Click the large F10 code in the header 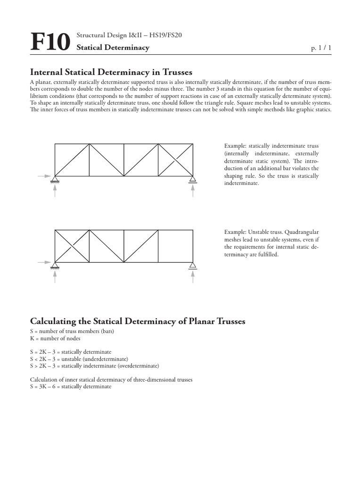point(50,42)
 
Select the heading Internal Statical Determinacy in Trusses point(111,72)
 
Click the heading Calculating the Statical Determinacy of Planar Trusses point(138,322)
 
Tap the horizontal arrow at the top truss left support point(44,175)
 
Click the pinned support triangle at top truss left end point(55,178)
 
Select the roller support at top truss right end point(192,179)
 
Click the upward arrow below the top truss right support point(192,191)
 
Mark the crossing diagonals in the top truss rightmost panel point(175,160)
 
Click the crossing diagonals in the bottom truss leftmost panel point(72,246)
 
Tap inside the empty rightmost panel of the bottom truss point(175,246)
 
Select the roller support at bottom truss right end point(192,265)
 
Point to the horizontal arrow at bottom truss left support point(44,262)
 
